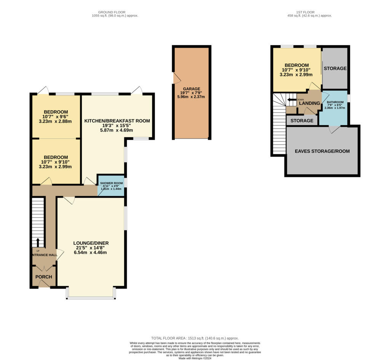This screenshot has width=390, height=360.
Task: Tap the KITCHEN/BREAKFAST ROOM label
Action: pos(117,121)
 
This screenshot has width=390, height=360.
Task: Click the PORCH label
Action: pos(44,277)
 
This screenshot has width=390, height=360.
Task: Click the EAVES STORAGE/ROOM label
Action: pos(322,151)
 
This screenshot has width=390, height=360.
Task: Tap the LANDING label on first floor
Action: pos(309,103)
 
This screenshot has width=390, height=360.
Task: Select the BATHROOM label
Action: pos(334,102)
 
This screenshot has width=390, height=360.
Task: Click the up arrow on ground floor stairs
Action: pos(37,243)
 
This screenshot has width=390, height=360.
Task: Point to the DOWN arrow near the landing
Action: pos(292,100)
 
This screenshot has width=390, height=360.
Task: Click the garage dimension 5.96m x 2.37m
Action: pos(191,97)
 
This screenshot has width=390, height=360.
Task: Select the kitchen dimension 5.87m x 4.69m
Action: pos(117,130)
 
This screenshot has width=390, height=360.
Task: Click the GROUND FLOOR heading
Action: pos(115,12)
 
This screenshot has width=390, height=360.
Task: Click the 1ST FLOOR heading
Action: pos(309,12)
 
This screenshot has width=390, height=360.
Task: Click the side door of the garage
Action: pos(176,78)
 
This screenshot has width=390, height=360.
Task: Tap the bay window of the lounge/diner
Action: pos(91,297)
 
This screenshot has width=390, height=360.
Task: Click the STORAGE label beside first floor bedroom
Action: pos(335,68)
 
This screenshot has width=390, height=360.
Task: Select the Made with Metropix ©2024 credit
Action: pos(195,358)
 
